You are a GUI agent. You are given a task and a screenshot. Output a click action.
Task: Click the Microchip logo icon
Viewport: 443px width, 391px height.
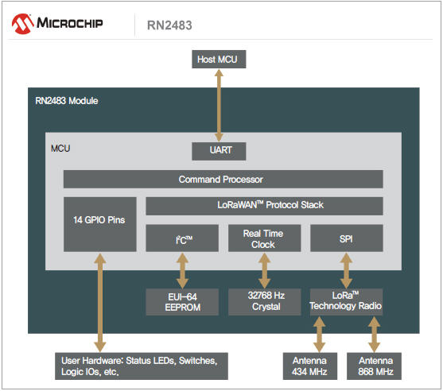[22, 24]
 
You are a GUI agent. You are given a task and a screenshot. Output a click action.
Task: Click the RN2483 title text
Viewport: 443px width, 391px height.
[169, 25]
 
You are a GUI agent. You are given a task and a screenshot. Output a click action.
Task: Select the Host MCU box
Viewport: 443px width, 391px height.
[219, 60]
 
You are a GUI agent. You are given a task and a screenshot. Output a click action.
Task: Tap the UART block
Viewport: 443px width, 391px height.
[219, 151]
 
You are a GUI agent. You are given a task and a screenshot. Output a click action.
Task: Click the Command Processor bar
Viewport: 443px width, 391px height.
[223, 180]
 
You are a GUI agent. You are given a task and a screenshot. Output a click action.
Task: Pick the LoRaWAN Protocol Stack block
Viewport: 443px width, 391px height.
[264, 206]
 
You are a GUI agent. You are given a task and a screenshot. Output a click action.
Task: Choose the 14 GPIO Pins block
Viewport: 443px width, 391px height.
[100, 224]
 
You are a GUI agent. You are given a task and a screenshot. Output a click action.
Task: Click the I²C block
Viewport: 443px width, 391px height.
[182, 238]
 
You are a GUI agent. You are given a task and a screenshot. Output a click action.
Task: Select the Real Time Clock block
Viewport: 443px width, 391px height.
[264, 238]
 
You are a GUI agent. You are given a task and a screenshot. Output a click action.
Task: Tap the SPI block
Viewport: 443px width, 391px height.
[347, 238]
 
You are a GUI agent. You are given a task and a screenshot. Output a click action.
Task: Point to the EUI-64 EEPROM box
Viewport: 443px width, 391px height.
[182, 302]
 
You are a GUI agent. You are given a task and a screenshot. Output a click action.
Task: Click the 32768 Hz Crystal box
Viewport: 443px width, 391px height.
[264, 302]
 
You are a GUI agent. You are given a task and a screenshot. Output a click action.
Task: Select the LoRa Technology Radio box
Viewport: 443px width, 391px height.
[347, 301]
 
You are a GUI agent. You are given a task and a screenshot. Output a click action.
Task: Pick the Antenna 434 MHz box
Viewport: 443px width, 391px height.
[310, 366]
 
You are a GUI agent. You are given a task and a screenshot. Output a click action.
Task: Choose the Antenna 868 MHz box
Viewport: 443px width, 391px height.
[374, 366]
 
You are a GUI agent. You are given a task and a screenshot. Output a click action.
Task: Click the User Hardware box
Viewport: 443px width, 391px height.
[142, 366]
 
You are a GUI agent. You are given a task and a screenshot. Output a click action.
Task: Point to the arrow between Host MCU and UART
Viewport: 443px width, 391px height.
[219, 106]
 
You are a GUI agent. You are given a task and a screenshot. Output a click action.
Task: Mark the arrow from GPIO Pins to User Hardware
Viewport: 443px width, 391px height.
[100, 302]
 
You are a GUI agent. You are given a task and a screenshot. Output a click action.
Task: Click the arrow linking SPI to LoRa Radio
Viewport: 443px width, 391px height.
[347, 270]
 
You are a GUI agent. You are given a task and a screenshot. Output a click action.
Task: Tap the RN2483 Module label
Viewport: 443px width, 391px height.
[67, 101]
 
